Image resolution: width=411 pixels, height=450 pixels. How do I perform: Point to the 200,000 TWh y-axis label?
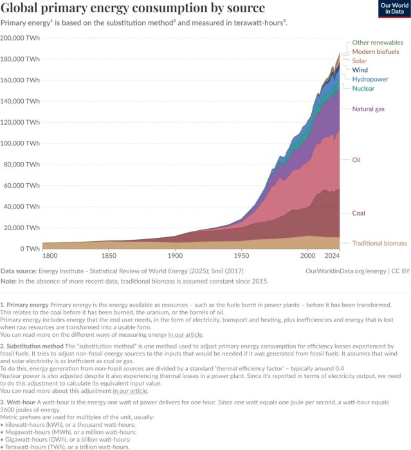click(21, 37)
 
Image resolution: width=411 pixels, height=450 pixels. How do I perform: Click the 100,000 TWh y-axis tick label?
click(21, 143)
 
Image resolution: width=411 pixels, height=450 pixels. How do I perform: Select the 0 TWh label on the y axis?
click(31, 249)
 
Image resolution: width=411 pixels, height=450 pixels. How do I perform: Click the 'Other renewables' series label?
click(378, 42)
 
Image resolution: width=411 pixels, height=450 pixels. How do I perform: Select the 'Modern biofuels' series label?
click(376, 51)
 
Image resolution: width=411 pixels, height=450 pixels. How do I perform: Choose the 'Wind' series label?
click(360, 69)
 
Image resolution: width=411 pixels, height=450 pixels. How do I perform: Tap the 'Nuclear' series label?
click(364, 87)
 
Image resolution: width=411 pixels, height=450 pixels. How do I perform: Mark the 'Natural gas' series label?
click(369, 109)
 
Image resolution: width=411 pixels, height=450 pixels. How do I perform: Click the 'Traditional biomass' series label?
click(379, 243)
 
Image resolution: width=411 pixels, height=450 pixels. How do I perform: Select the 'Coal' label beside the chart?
click(360, 213)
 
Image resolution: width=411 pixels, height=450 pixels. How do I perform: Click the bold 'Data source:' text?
click(21, 271)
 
